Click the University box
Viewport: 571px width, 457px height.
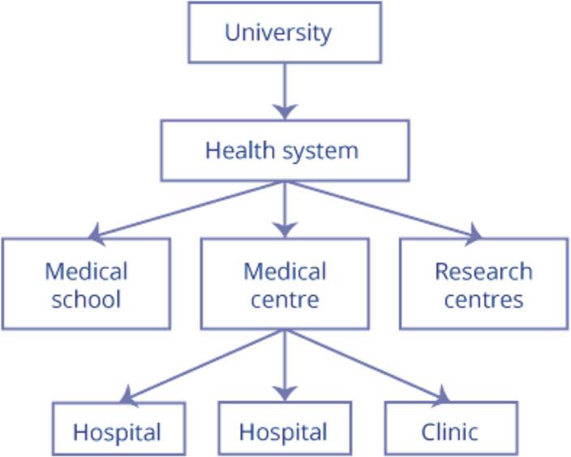pos(284,32)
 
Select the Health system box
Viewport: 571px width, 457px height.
pos(284,151)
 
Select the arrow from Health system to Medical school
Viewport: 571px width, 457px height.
pos(187,209)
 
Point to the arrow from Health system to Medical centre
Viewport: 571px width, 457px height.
pos(284,209)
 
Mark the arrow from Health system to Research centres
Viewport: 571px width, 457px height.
pos(381,209)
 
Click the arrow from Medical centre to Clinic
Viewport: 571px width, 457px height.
pos(365,365)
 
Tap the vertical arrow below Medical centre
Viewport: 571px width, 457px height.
pos(284,365)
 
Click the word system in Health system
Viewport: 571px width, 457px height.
pos(321,151)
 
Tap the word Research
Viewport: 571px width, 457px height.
pos(483,271)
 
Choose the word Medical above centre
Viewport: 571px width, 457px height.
pos(285,271)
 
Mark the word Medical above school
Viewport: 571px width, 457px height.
pos(86,271)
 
